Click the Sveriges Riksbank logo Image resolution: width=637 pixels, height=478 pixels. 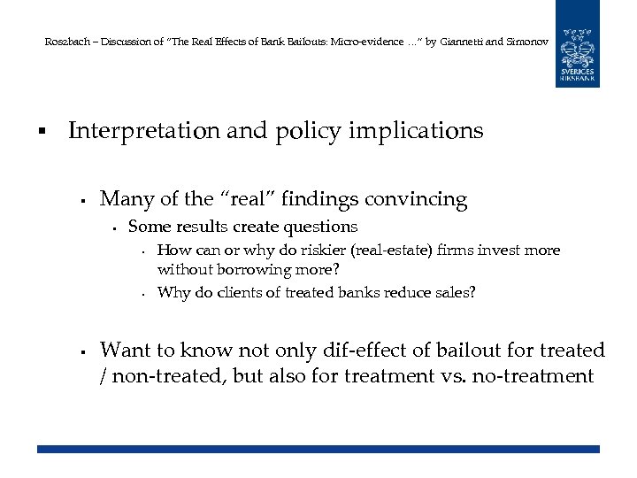coord(577,43)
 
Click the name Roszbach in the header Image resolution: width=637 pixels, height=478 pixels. coord(64,42)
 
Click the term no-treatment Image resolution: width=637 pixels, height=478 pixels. coord(534,376)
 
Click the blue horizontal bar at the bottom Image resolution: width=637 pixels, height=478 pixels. coord(318,450)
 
